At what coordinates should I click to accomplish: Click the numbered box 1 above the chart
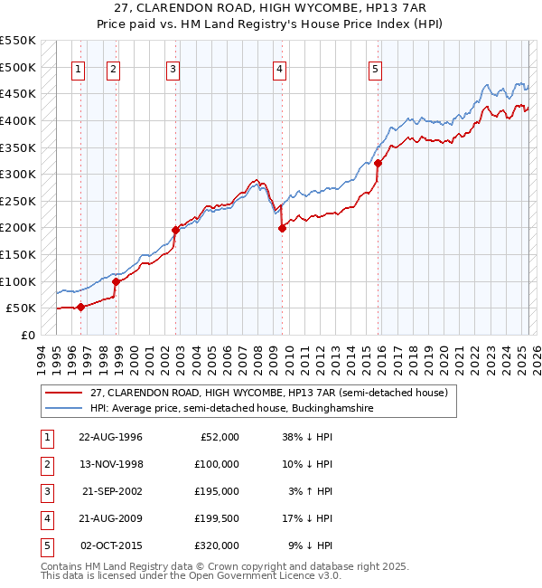pyautogui.click(x=79, y=69)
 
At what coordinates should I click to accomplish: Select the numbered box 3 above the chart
pyautogui.click(x=173, y=69)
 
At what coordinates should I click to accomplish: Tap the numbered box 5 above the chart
pyautogui.click(x=375, y=69)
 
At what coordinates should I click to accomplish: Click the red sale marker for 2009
pyautogui.click(x=282, y=228)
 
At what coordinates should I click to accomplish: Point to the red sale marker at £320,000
pyautogui.click(x=378, y=164)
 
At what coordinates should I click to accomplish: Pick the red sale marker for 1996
pyautogui.click(x=80, y=307)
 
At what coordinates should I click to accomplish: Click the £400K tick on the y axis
pyautogui.click(x=18, y=120)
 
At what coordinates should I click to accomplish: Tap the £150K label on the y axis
pyautogui.click(x=18, y=254)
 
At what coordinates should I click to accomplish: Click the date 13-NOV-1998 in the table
pyautogui.click(x=111, y=464)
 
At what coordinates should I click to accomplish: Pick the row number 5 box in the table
pyautogui.click(x=46, y=545)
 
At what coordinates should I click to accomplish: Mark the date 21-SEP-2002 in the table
pyautogui.click(x=111, y=491)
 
